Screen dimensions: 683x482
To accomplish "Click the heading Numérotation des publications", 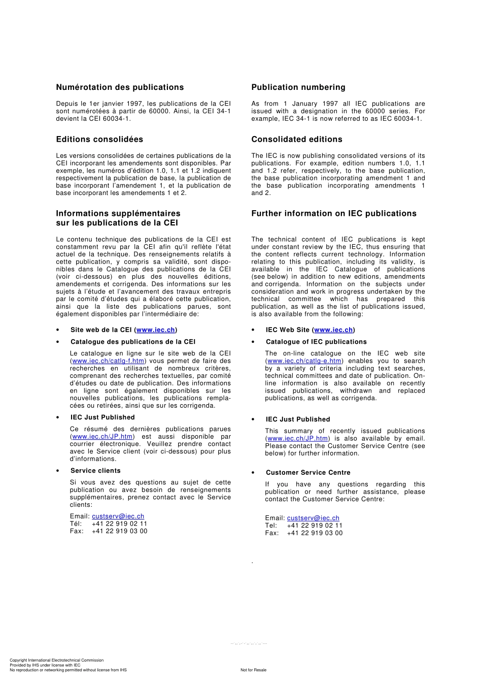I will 120,87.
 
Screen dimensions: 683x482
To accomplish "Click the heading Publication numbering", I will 298,87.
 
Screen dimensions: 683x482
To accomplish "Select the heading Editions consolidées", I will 99,139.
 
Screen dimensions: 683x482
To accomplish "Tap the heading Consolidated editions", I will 297,139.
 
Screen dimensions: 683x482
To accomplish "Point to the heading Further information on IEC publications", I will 334,213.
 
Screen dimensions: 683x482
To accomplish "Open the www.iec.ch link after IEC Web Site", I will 333,330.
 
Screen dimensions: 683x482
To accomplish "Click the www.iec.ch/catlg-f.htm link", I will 108,361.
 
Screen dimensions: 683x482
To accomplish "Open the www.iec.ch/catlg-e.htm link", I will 304,361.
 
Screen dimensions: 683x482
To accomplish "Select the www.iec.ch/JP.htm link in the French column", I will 102,437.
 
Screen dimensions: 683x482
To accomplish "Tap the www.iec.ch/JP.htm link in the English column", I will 298,439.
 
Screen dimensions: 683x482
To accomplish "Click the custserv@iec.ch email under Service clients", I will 118,516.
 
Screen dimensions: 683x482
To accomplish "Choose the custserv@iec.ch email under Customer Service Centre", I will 313,518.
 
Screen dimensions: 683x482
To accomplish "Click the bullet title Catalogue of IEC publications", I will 316,342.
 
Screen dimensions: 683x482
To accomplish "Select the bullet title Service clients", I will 95,471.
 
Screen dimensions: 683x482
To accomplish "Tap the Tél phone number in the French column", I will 119,524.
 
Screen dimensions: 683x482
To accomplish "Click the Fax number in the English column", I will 315,533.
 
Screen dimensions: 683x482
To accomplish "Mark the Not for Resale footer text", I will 253,670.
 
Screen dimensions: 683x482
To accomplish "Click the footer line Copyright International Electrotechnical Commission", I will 56,660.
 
